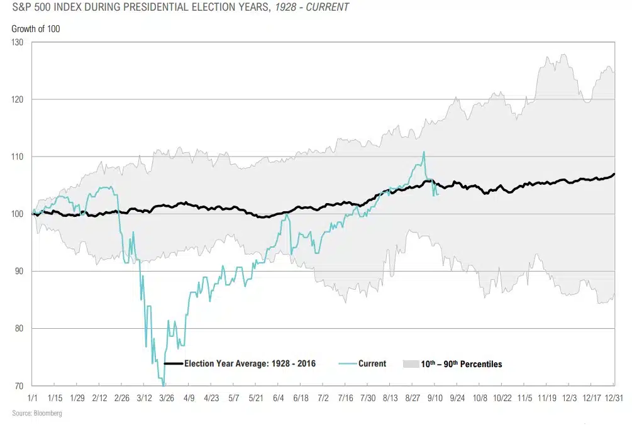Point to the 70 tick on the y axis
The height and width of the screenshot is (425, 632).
(x=19, y=385)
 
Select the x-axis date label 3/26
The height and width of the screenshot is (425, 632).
(x=166, y=398)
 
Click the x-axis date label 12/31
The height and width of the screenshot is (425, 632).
(x=613, y=398)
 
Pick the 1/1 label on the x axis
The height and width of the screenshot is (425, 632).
(x=32, y=398)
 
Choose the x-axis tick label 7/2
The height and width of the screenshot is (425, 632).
(x=323, y=398)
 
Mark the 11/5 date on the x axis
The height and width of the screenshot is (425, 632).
(x=524, y=398)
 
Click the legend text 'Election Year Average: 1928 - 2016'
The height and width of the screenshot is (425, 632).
(x=250, y=363)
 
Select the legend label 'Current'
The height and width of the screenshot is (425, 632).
(x=372, y=363)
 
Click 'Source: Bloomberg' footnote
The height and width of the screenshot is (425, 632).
(x=37, y=413)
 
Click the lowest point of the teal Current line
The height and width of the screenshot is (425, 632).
(x=164, y=385)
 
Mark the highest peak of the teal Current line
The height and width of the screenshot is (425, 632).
(x=424, y=152)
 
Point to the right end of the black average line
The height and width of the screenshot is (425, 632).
(x=614, y=174)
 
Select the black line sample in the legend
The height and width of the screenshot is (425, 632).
(x=173, y=363)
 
